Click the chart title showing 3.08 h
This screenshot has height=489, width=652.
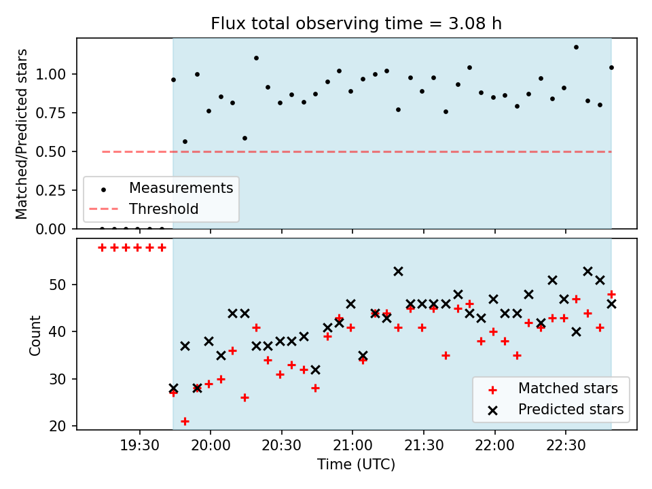[356, 23]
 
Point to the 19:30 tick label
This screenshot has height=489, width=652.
[139, 446]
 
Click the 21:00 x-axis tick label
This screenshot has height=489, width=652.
[352, 446]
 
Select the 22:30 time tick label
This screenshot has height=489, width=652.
[566, 446]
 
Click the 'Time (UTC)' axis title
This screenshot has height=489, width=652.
[356, 464]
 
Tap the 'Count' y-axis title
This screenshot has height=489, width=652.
[35, 335]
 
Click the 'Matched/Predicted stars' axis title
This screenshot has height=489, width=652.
[21, 134]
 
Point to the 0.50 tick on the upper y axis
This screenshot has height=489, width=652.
[50, 151]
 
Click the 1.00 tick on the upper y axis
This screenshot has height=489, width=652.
[50, 75]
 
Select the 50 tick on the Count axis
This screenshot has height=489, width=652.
[58, 285]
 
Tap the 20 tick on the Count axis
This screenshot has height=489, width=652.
[58, 427]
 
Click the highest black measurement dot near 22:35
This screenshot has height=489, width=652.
[576, 48]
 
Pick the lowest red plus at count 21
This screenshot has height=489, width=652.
[185, 422]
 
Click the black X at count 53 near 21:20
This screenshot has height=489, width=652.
[399, 272]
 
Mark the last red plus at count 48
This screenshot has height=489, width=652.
[611, 294]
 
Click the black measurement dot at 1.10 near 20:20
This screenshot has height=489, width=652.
[256, 58]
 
